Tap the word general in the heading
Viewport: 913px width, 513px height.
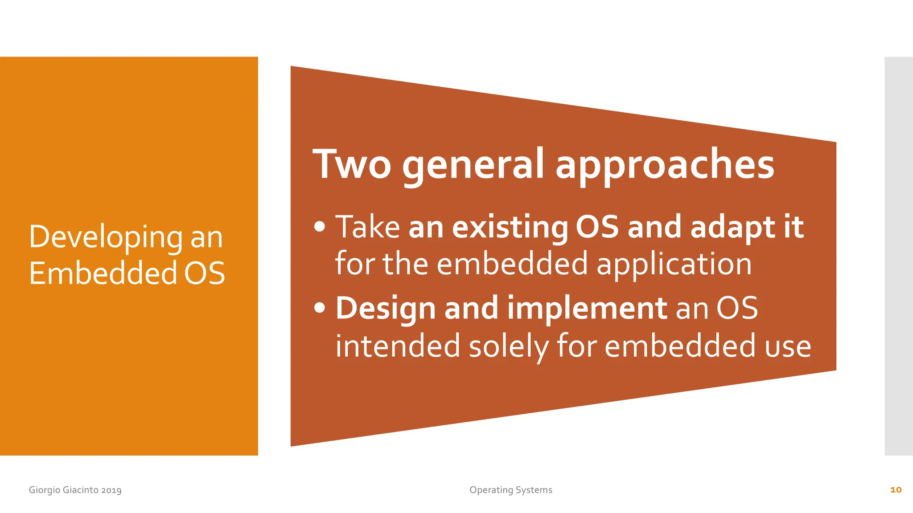[473, 166]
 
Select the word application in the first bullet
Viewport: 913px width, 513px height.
[674, 264]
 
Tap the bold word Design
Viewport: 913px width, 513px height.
[386, 308]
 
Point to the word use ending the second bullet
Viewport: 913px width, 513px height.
[788, 346]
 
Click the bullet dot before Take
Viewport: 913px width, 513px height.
[320, 227]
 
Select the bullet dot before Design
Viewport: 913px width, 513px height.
[320, 308]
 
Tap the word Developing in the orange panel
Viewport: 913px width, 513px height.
[106, 237]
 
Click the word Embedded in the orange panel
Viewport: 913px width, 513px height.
[103, 273]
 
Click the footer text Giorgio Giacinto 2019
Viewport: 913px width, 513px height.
[75, 490]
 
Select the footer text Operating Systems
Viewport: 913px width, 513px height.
[511, 490]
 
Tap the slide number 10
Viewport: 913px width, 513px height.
[896, 490]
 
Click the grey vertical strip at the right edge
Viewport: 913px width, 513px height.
[899, 256]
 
